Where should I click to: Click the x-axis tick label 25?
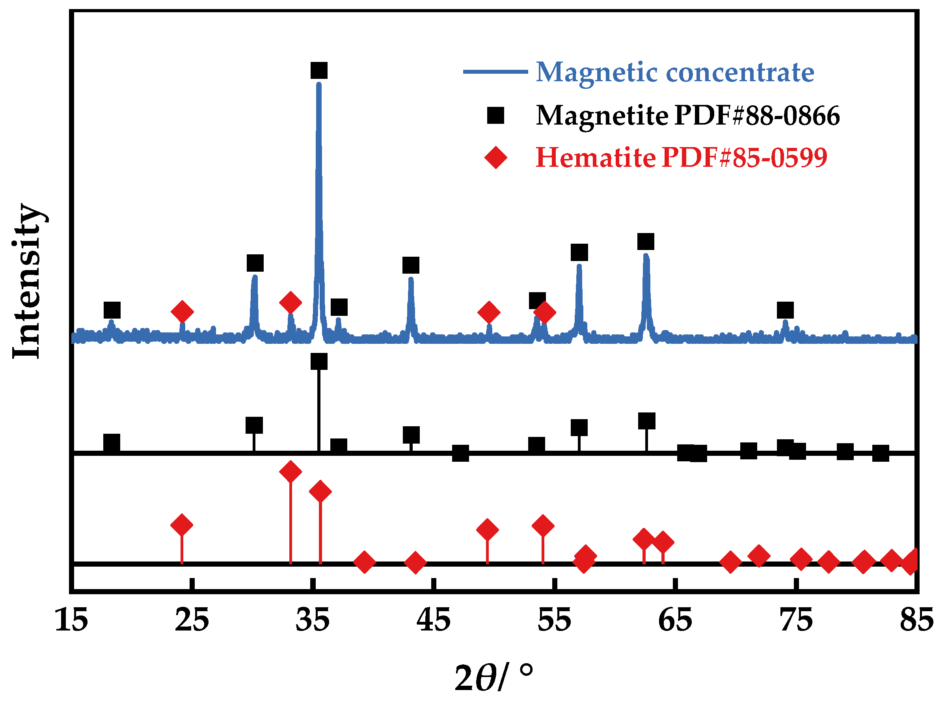pos(192,621)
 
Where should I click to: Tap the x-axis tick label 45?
pos(433,621)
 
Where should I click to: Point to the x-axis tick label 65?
pos(675,621)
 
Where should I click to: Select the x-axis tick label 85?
pos(916,621)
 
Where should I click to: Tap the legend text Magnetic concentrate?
pos(675,72)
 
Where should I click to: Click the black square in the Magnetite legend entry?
pos(495,116)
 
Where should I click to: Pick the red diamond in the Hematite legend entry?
pos(495,157)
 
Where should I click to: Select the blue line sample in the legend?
pos(495,72)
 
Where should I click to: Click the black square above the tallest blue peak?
pos(319,70)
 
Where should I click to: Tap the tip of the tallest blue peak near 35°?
pos(318,85)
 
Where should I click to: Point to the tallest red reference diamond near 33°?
pos(291,472)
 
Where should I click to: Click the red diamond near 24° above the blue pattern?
pos(182,312)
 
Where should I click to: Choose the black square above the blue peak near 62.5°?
pos(646,242)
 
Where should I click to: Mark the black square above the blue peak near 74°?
pos(785,310)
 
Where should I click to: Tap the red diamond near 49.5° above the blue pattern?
pos(489,312)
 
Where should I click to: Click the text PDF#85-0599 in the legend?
pos(744,157)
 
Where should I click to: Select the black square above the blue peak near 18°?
pos(112,310)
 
